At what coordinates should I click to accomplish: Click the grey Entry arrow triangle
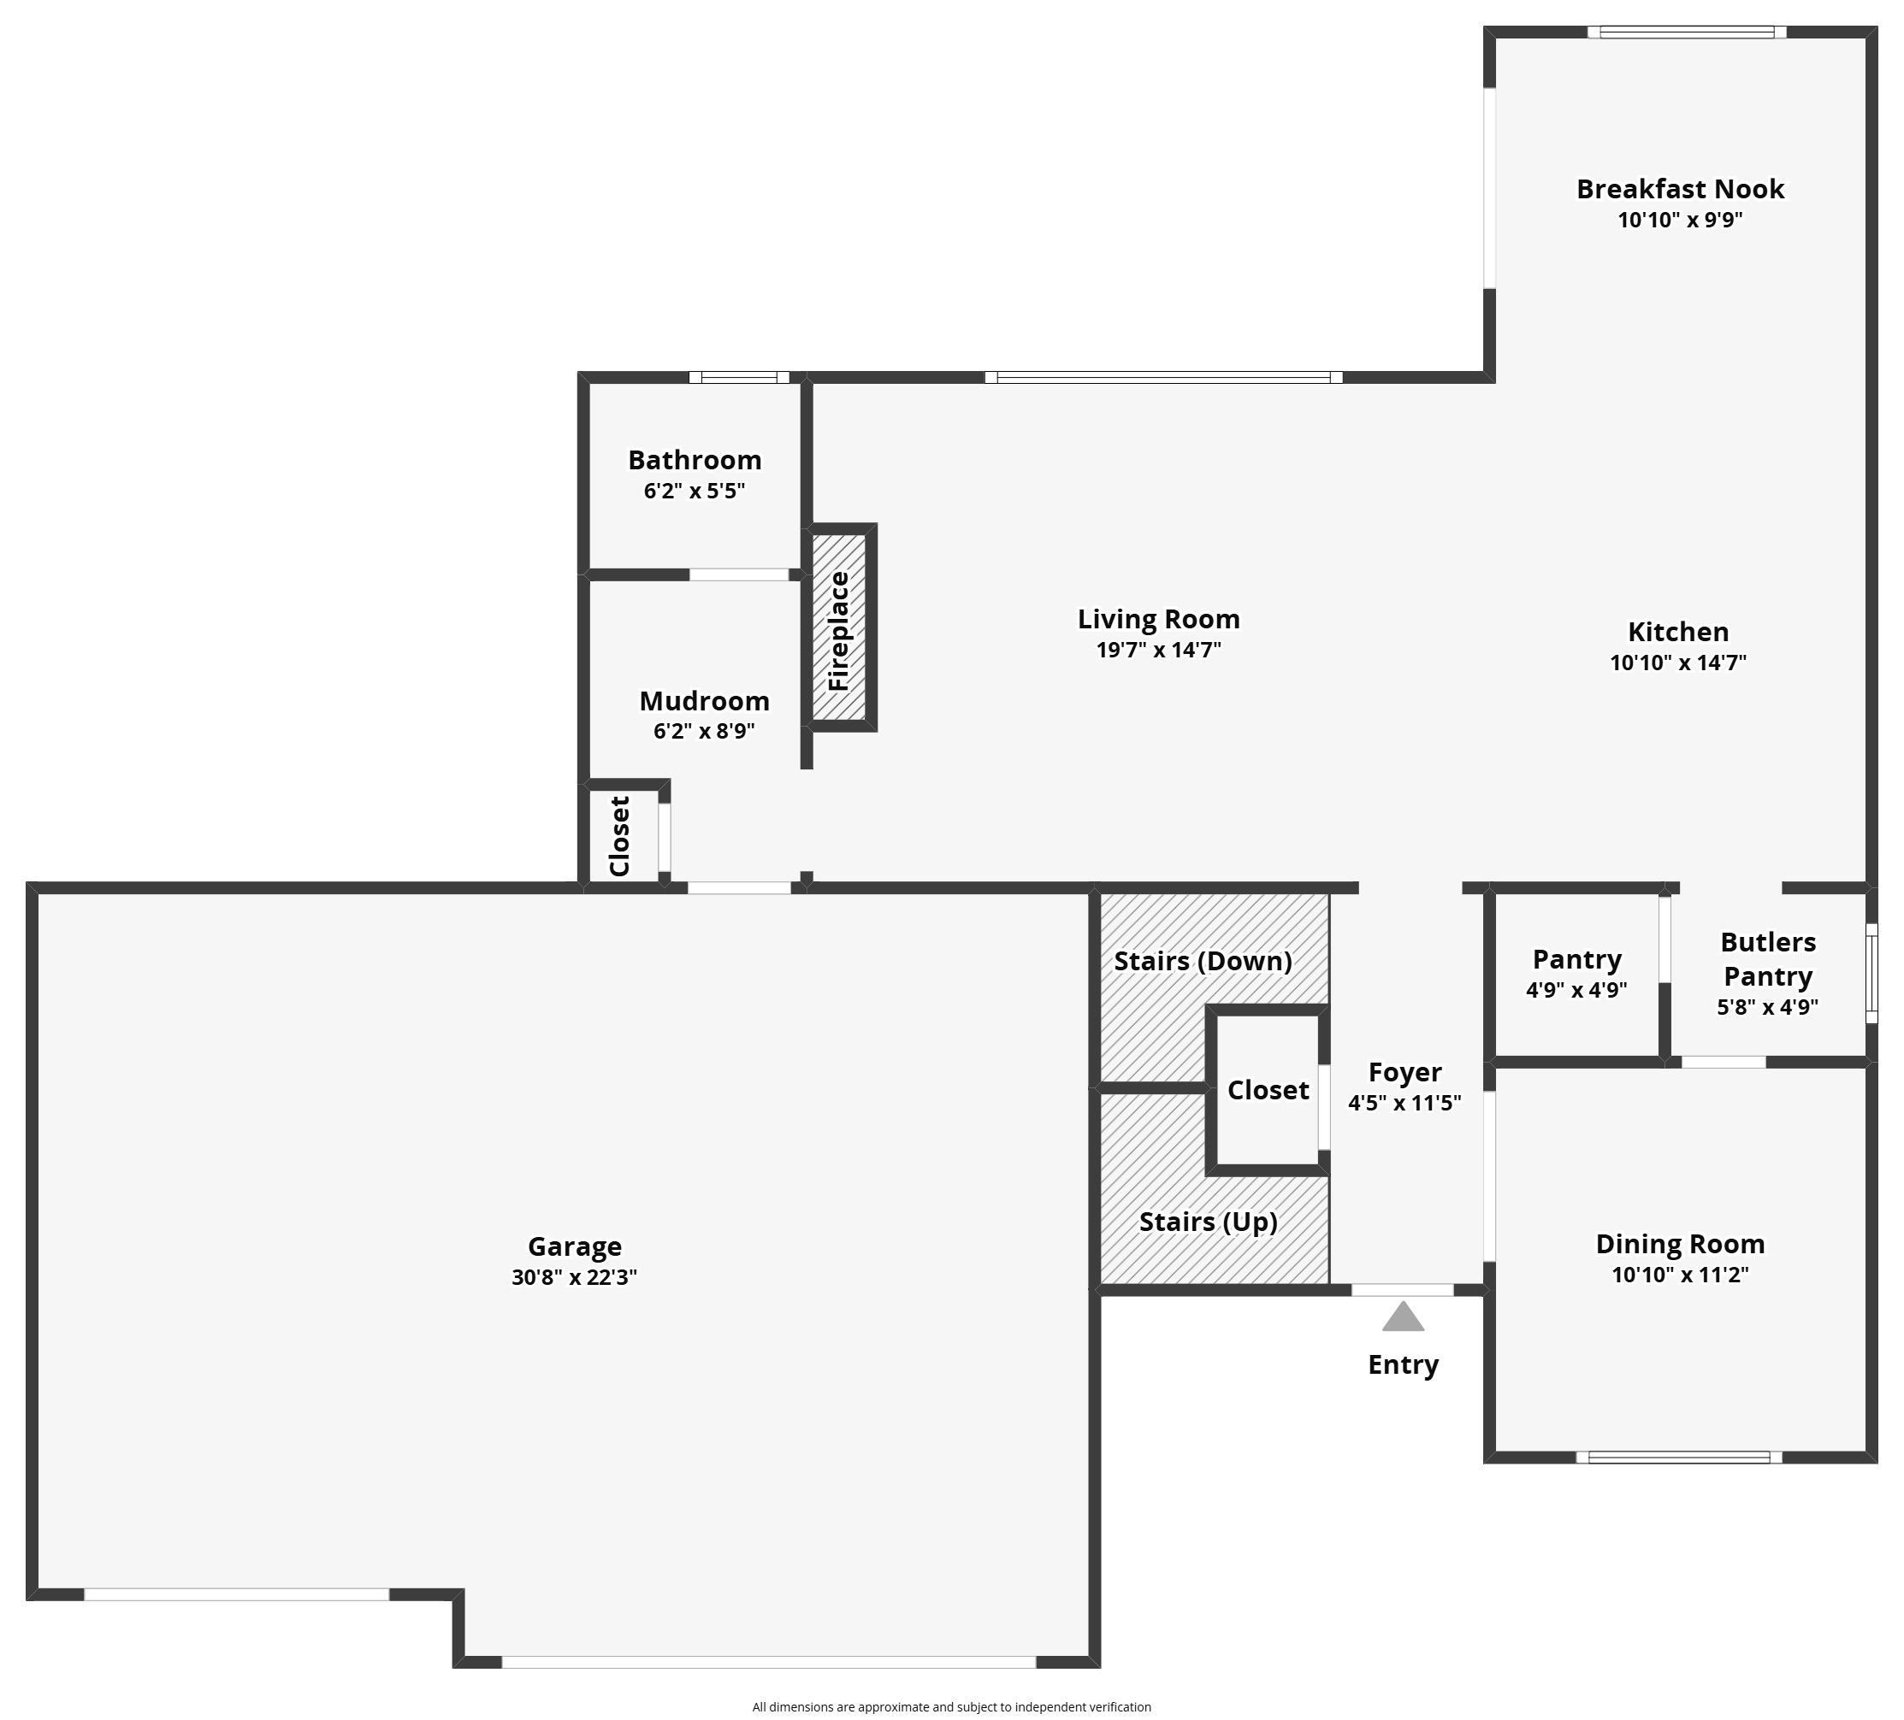(1403, 1318)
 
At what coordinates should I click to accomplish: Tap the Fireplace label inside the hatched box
(838, 631)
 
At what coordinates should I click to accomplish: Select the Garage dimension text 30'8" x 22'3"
(574, 1277)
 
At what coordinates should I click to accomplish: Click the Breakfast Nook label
(1679, 189)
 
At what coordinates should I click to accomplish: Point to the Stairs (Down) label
(1203, 961)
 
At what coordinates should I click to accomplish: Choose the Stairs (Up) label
(1208, 1222)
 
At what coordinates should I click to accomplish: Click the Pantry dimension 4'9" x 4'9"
(1576, 990)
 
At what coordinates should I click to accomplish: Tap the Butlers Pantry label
(1767, 958)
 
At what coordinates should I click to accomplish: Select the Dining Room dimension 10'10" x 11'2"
(1679, 1275)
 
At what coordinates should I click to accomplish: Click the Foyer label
(1404, 1072)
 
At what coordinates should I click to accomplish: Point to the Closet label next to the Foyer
(1268, 1090)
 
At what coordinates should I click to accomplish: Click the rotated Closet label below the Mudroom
(619, 836)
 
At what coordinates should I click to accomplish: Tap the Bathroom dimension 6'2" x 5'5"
(695, 491)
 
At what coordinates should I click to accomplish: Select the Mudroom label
(704, 701)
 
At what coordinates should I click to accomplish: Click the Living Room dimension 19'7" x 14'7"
(1158, 650)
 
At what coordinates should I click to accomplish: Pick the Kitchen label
(1677, 632)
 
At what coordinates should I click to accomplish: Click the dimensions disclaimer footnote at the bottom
(951, 1707)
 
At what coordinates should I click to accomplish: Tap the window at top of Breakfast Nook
(1686, 32)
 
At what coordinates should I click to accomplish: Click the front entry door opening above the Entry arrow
(1402, 1289)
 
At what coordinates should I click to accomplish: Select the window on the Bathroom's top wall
(738, 378)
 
